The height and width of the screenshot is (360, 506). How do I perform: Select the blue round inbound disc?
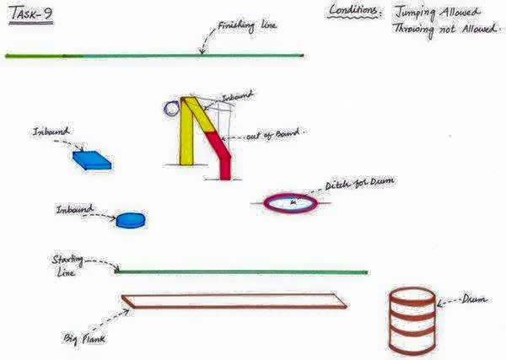[130, 220]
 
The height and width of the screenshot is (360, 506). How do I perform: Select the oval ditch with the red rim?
[291, 202]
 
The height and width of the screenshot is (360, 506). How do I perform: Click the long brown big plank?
[234, 301]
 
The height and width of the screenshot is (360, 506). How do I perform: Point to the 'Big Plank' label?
[84, 339]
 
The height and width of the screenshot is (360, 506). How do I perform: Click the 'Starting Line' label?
[67, 267]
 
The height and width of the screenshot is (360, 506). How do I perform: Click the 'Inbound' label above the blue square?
[50, 133]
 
